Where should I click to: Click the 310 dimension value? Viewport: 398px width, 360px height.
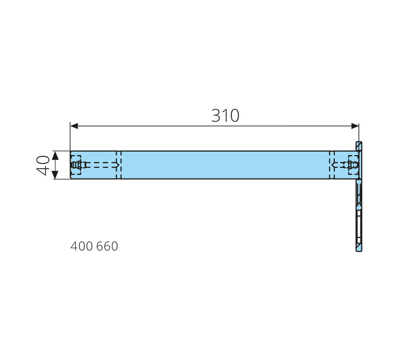(225, 116)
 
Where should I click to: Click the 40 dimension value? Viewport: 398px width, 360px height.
(43, 165)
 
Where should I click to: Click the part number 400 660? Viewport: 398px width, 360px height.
(94, 246)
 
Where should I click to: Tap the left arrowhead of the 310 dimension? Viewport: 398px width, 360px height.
(74, 126)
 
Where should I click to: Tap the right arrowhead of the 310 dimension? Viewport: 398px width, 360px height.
(355, 126)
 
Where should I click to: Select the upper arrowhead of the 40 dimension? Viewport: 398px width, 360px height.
(55, 155)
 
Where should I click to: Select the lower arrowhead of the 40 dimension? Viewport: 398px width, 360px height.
(55, 175)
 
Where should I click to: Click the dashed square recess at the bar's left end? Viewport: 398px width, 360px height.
(76, 165)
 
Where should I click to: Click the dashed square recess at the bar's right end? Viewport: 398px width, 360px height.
(353, 165)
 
